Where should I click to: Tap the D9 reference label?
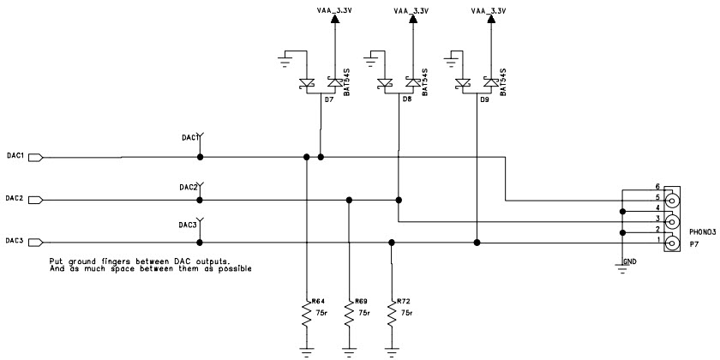(x=485, y=100)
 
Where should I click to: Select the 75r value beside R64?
(x=321, y=314)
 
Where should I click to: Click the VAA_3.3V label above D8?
(x=411, y=10)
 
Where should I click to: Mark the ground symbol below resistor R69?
(x=348, y=351)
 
